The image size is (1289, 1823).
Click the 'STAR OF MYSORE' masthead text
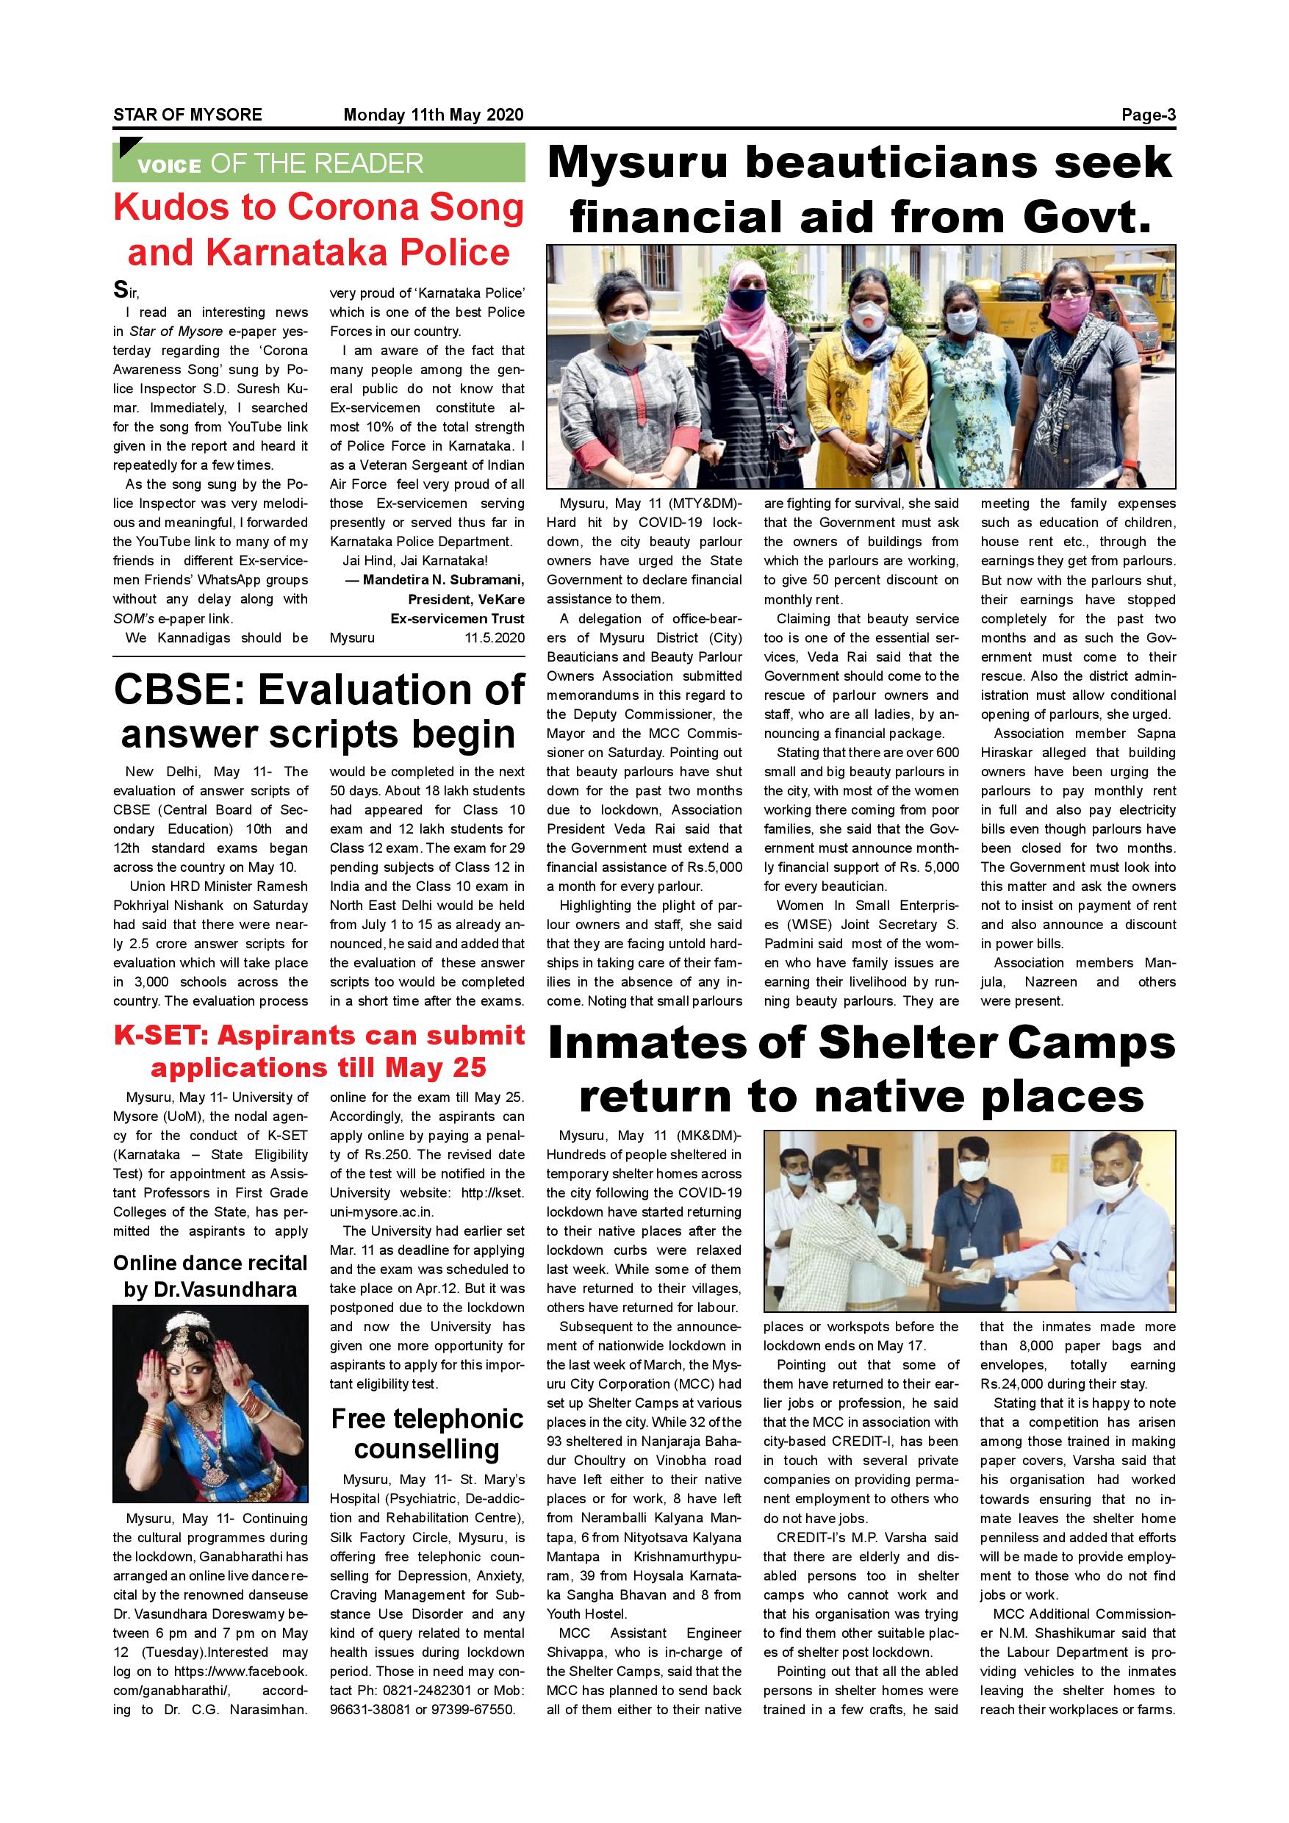[x=187, y=115]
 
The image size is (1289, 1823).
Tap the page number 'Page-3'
[x=1148, y=115]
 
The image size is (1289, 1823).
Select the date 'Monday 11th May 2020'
[x=433, y=115]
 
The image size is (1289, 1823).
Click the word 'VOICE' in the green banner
[x=168, y=166]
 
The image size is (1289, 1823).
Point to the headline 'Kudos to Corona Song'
[x=318, y=208]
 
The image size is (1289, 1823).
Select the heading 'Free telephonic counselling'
[x=427, y=1434]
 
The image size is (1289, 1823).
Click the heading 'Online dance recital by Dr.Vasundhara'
[x=209, y=1275]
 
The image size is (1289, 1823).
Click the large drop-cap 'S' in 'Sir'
[x=120, y=289]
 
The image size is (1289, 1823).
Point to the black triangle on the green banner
[x=127, y=148]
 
